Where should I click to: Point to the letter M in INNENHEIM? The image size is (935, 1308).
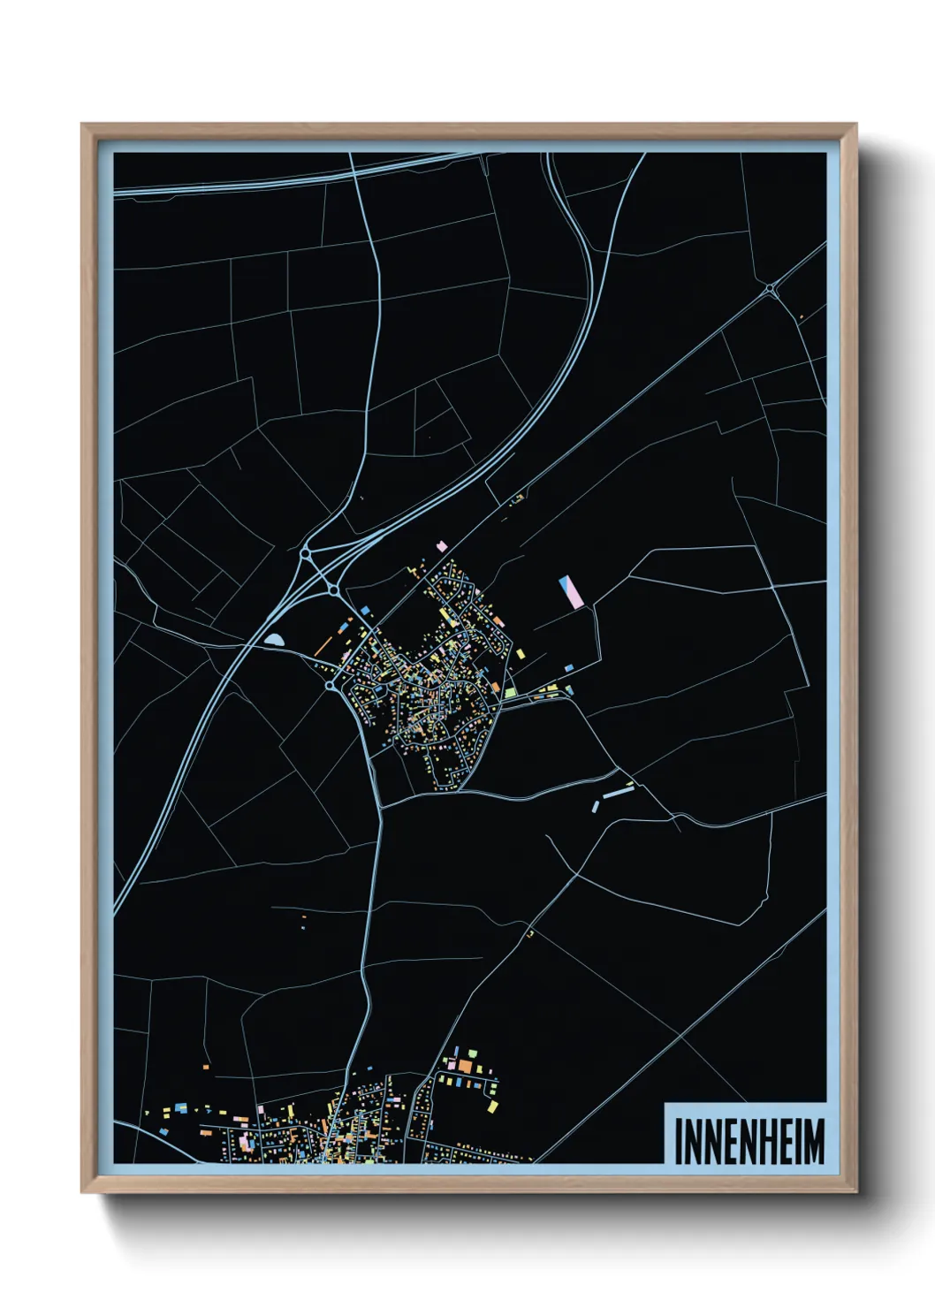coord(815,1141)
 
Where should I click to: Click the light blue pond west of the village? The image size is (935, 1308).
coord(275,639)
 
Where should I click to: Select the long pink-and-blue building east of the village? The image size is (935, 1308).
coord(567,591)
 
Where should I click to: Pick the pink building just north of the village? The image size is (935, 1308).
coord(441,547)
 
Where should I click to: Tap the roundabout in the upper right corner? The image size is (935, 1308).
coord(771,288)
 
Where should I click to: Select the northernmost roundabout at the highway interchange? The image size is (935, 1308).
coord(306,554)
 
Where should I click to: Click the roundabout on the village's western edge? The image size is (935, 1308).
coord(330,685)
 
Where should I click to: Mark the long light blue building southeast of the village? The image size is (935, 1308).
coord(618,793)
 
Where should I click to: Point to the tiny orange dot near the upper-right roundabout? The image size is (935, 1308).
coord(801,317)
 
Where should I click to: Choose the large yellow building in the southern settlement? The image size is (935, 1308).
coord(492,1105)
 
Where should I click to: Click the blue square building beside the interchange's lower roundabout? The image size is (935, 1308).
coord(363,610)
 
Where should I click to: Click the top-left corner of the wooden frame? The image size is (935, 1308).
coord(83,125)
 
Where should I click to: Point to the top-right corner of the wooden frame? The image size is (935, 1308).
coord(855,125)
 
